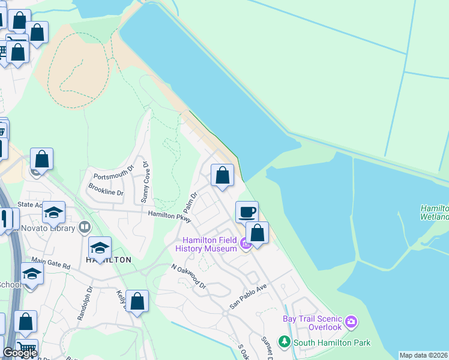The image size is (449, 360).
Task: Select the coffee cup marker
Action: (x=247, y=212)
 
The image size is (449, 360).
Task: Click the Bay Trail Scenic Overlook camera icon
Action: (x=351, y=323)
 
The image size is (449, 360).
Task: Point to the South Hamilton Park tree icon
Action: (x=284, y=343)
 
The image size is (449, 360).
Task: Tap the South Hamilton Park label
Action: (x=331, y=343)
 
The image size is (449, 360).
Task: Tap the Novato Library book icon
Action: (x=85, y=227)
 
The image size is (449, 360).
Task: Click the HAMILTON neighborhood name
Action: (x=109, y=260)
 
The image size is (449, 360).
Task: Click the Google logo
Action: (x=20, y=353)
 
